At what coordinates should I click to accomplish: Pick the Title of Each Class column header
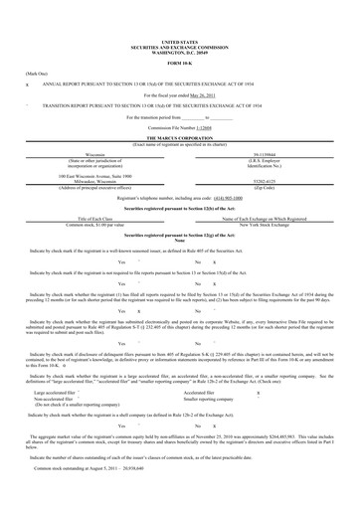96,218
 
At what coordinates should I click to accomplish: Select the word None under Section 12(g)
180,240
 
